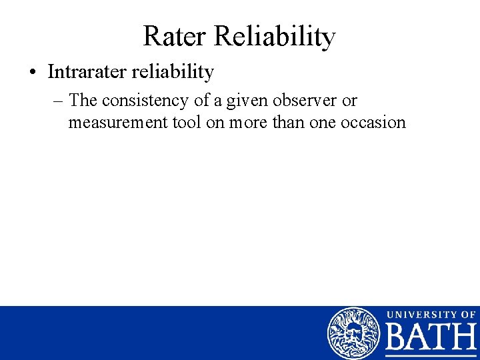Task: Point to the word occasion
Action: (375, 122)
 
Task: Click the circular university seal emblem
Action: (353, 333)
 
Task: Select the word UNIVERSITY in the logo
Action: (419, 314)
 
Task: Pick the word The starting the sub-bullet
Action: (83, 101)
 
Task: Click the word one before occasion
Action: (326, 122)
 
